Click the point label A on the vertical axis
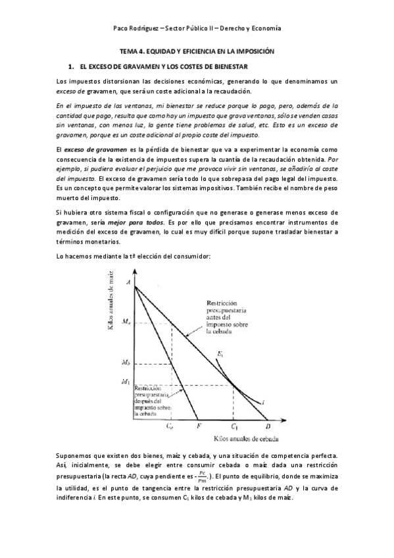[x=128, y=282]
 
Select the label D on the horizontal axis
[x=266, y=426]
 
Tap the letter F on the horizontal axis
[x=199, y=426]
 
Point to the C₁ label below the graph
[x=234, y=426]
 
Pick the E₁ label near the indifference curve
[x=220, y=355]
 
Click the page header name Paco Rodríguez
[x=137, y=29]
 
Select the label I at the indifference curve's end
[x=263, y=402]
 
